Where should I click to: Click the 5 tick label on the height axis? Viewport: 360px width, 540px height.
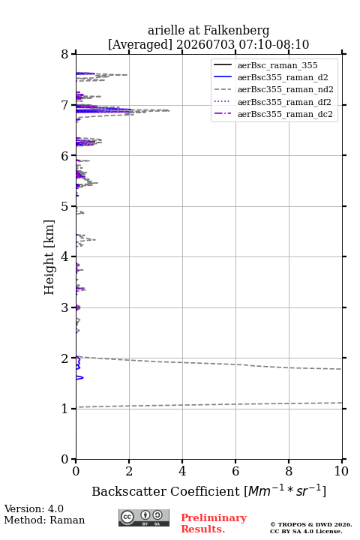coord(64,206)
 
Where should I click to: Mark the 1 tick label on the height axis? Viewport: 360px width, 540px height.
coord(64,409)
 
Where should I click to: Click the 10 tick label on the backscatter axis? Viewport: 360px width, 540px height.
coord(341,471)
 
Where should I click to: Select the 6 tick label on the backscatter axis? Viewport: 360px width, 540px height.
coord(235,471)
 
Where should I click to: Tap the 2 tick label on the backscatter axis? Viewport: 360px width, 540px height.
coord(129,471)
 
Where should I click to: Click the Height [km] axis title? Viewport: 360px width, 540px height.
coord(49,257)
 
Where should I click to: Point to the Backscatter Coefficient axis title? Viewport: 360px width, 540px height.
coord(208,490)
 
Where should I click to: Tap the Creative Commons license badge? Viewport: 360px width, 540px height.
coord(144,517)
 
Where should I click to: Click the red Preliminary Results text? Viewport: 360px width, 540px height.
coord(214,523)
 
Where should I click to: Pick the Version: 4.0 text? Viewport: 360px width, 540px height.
coord(34,508)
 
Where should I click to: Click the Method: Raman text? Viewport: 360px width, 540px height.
coord(44,520)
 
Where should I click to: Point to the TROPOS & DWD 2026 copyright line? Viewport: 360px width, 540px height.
coord(311,524)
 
